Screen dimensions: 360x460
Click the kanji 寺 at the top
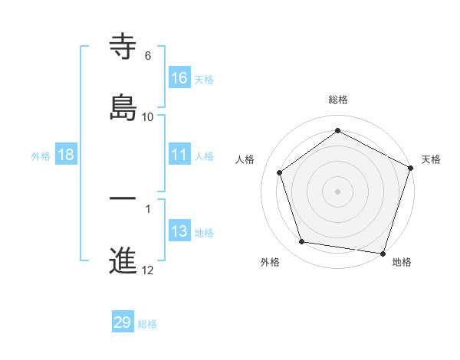point(123,47)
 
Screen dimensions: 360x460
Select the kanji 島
point(123,107)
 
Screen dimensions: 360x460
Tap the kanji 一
point(123,199)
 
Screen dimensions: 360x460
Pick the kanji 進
point(123,260)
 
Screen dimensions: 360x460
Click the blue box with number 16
point(179,78)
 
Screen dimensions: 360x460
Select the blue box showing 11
point(179,155)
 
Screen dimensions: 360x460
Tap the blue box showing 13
point(179,231)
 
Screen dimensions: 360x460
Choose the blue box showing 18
point(66,155)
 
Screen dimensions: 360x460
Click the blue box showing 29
point(123,322)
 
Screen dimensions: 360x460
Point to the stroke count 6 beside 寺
point(148,56)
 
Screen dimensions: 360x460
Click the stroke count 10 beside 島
point(148,117)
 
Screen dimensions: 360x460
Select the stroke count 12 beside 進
point(148,270)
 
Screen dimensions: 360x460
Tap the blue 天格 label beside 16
point(204,80)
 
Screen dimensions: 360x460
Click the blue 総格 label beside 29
point(147,324)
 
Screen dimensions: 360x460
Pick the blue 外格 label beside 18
point(41,156)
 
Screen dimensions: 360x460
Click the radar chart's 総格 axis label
point(338,100)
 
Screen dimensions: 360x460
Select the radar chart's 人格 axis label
point(245,159)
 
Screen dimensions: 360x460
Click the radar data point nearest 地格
point(383,253)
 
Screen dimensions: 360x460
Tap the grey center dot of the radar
point(338,191)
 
